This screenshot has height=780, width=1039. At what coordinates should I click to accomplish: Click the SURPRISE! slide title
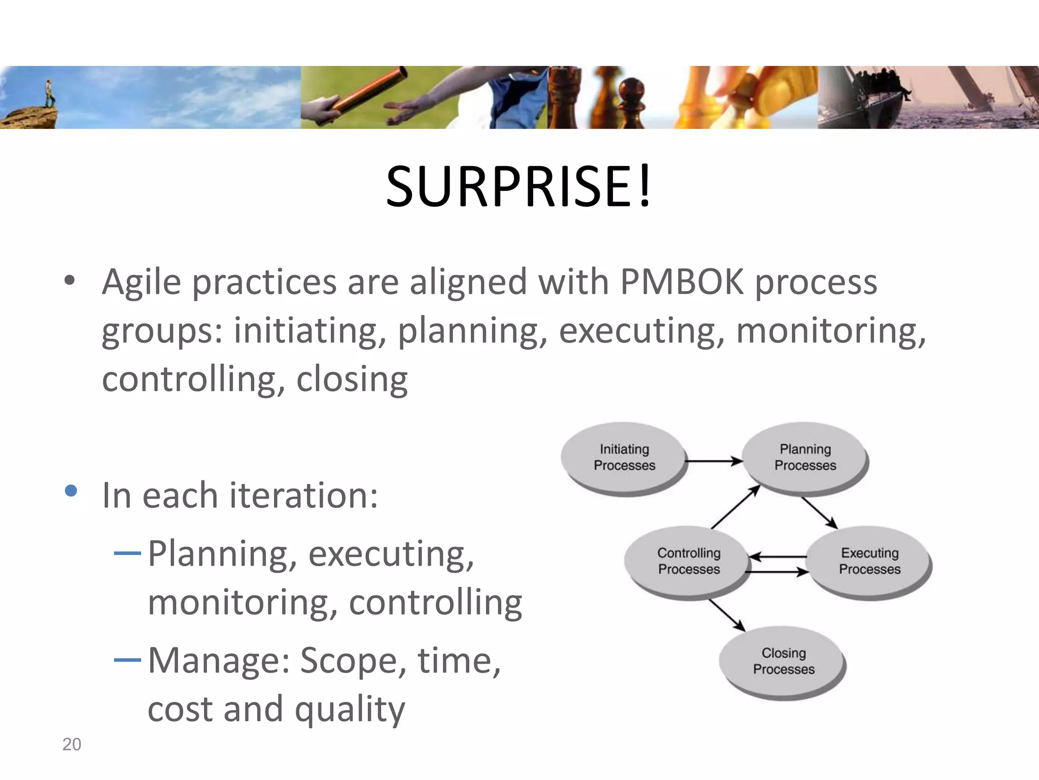point(518,187)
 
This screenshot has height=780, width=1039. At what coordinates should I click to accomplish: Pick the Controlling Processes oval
point(688,561)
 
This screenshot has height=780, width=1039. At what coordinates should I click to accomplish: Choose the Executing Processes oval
point(870,561)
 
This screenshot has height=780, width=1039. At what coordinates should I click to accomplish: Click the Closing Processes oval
point(783,661)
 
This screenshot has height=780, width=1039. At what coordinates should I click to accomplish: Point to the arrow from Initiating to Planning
point(713,461)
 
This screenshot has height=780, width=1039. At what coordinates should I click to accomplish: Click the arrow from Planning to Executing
point(819,513)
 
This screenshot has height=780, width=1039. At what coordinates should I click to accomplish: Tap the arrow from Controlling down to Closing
point(726,615)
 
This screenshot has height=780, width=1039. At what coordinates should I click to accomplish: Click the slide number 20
point(72,744)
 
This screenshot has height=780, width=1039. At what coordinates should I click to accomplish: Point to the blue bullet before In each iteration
point(71,491)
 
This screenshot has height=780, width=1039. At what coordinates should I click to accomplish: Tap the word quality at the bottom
point(350,709)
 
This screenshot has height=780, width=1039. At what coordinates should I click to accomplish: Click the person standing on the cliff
point(49,93)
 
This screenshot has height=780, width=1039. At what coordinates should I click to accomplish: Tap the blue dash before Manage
point(127,660)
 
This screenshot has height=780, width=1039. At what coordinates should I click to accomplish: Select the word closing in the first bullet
point(352,379)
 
